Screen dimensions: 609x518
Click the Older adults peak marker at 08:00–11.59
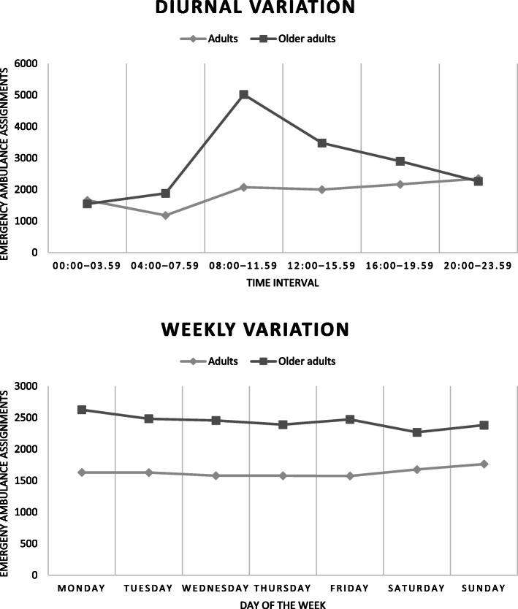tap(243, 95)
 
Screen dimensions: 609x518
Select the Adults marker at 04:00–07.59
tap(165, 215)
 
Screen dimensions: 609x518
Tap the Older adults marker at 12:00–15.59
tap(321, 143)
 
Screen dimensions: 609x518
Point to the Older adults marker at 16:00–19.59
tap(400, 161)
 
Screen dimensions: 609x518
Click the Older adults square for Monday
tap(82, 410)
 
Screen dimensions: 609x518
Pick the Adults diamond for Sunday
tap(484, 464)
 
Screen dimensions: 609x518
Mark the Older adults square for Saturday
tap(416, 432)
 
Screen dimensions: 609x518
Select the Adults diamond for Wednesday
tap(216, 475)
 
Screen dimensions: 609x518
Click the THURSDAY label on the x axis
tap(283, 589)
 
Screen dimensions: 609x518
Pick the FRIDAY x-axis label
tap(349, 589)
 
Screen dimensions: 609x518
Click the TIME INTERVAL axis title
tap(283, 283)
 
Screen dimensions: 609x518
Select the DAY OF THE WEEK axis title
tap(283, 604)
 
